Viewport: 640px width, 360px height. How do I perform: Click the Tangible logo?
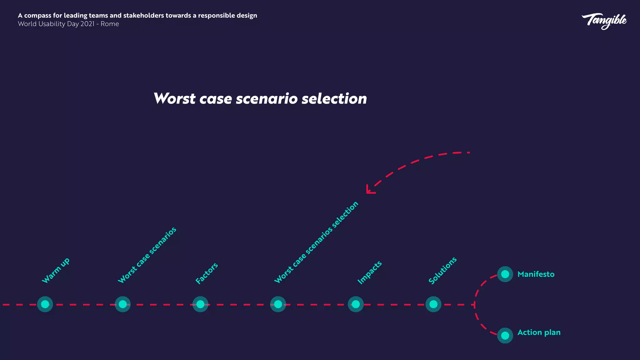click(604, 21)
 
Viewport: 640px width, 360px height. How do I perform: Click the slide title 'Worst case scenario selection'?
click(260, 98)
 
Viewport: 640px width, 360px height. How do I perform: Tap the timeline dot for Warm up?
click(45, 304)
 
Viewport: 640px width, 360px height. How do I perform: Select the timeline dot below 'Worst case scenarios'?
click(122, 304)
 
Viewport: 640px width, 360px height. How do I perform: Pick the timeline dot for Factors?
click(200, 304)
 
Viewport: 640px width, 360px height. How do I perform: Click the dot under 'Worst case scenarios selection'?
click(278, 304)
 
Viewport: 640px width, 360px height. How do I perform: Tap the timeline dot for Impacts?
click(356, 304)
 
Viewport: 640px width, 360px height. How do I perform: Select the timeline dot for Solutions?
click(433, 304)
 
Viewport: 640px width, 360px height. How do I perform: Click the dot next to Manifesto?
click(505, 274)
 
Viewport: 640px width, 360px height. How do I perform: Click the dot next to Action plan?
click(505, 335)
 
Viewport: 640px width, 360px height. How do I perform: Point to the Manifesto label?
click(536, 274)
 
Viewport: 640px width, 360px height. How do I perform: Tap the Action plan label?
click(539, 332)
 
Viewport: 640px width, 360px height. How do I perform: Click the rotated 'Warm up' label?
click(56, 271)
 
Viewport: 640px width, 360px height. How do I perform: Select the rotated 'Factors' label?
click(207, 273)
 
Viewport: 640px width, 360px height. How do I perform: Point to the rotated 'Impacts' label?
click(369, 272)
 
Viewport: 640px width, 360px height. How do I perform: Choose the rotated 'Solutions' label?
click(442, 271)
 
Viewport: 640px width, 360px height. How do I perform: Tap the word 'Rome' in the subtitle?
click(110, 24)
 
